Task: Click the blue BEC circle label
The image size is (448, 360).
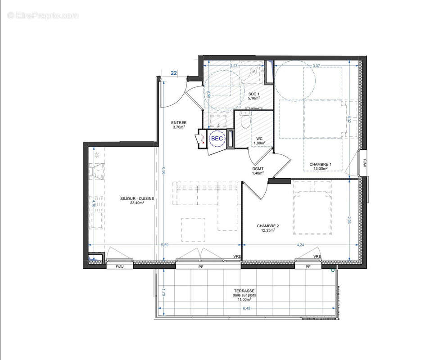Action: click(217, 139)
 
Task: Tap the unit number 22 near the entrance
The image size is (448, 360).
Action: click(174, 72)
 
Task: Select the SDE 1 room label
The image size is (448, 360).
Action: click(254, 94)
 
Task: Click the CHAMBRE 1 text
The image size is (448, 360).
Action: click(320, 164)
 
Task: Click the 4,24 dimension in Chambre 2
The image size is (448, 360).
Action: click(300, 245)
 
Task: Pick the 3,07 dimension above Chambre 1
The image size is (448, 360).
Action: click(317, 66)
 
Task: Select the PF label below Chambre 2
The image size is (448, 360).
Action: click(308, 267)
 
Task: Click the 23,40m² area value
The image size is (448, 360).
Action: click(137, 203)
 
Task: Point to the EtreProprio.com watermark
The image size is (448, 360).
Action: click(43, 15)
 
